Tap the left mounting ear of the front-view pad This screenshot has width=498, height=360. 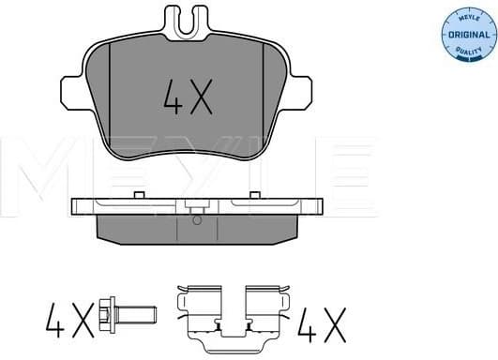pos(74,91)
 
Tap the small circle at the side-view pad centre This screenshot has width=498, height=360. pos(195,221)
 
